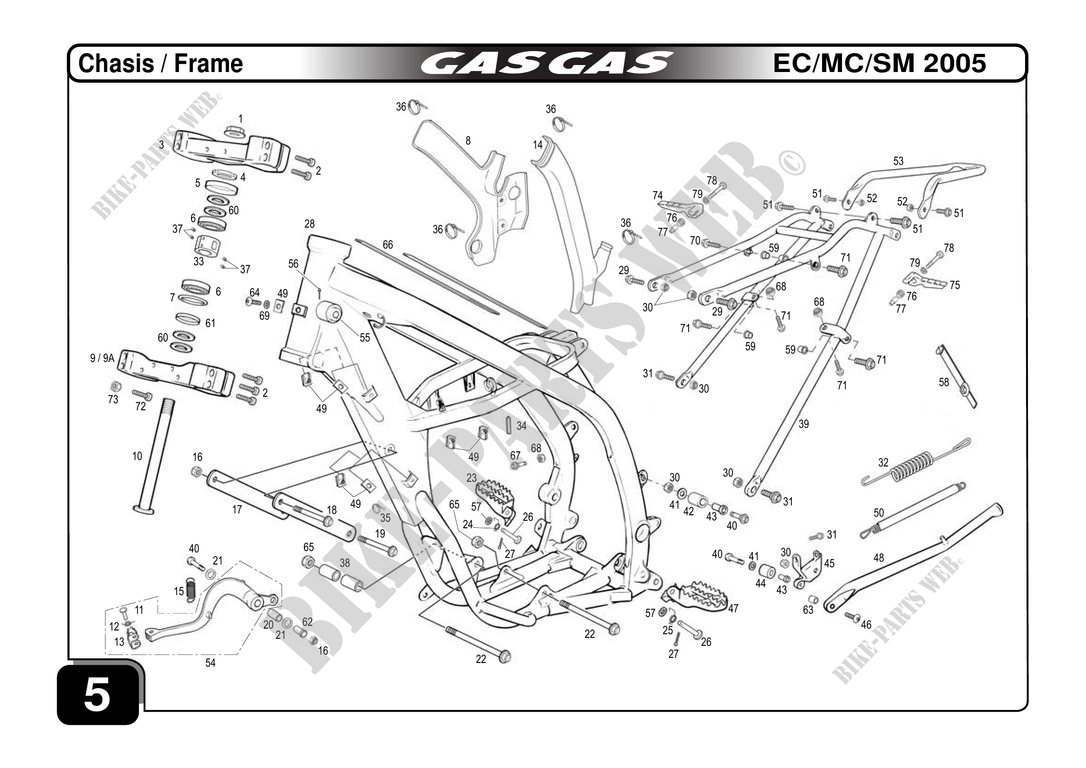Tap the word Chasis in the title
[x=116, y=64]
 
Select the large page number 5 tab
[x=98, y=694]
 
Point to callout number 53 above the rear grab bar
[x=898, y=161]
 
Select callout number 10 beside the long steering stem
[x=137, y=456]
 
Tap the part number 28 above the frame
[x=309, y=223]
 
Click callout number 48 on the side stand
[x=878, y=558]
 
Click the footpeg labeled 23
[x=494, y=494]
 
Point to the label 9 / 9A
[x=102, y=358]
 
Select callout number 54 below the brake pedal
[x=210, y=663]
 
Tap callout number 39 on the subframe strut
[x=803, y=424]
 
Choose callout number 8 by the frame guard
[x=468, y=140]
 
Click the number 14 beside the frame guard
[x=538, y=144]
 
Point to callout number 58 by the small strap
[x=944, y=382]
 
